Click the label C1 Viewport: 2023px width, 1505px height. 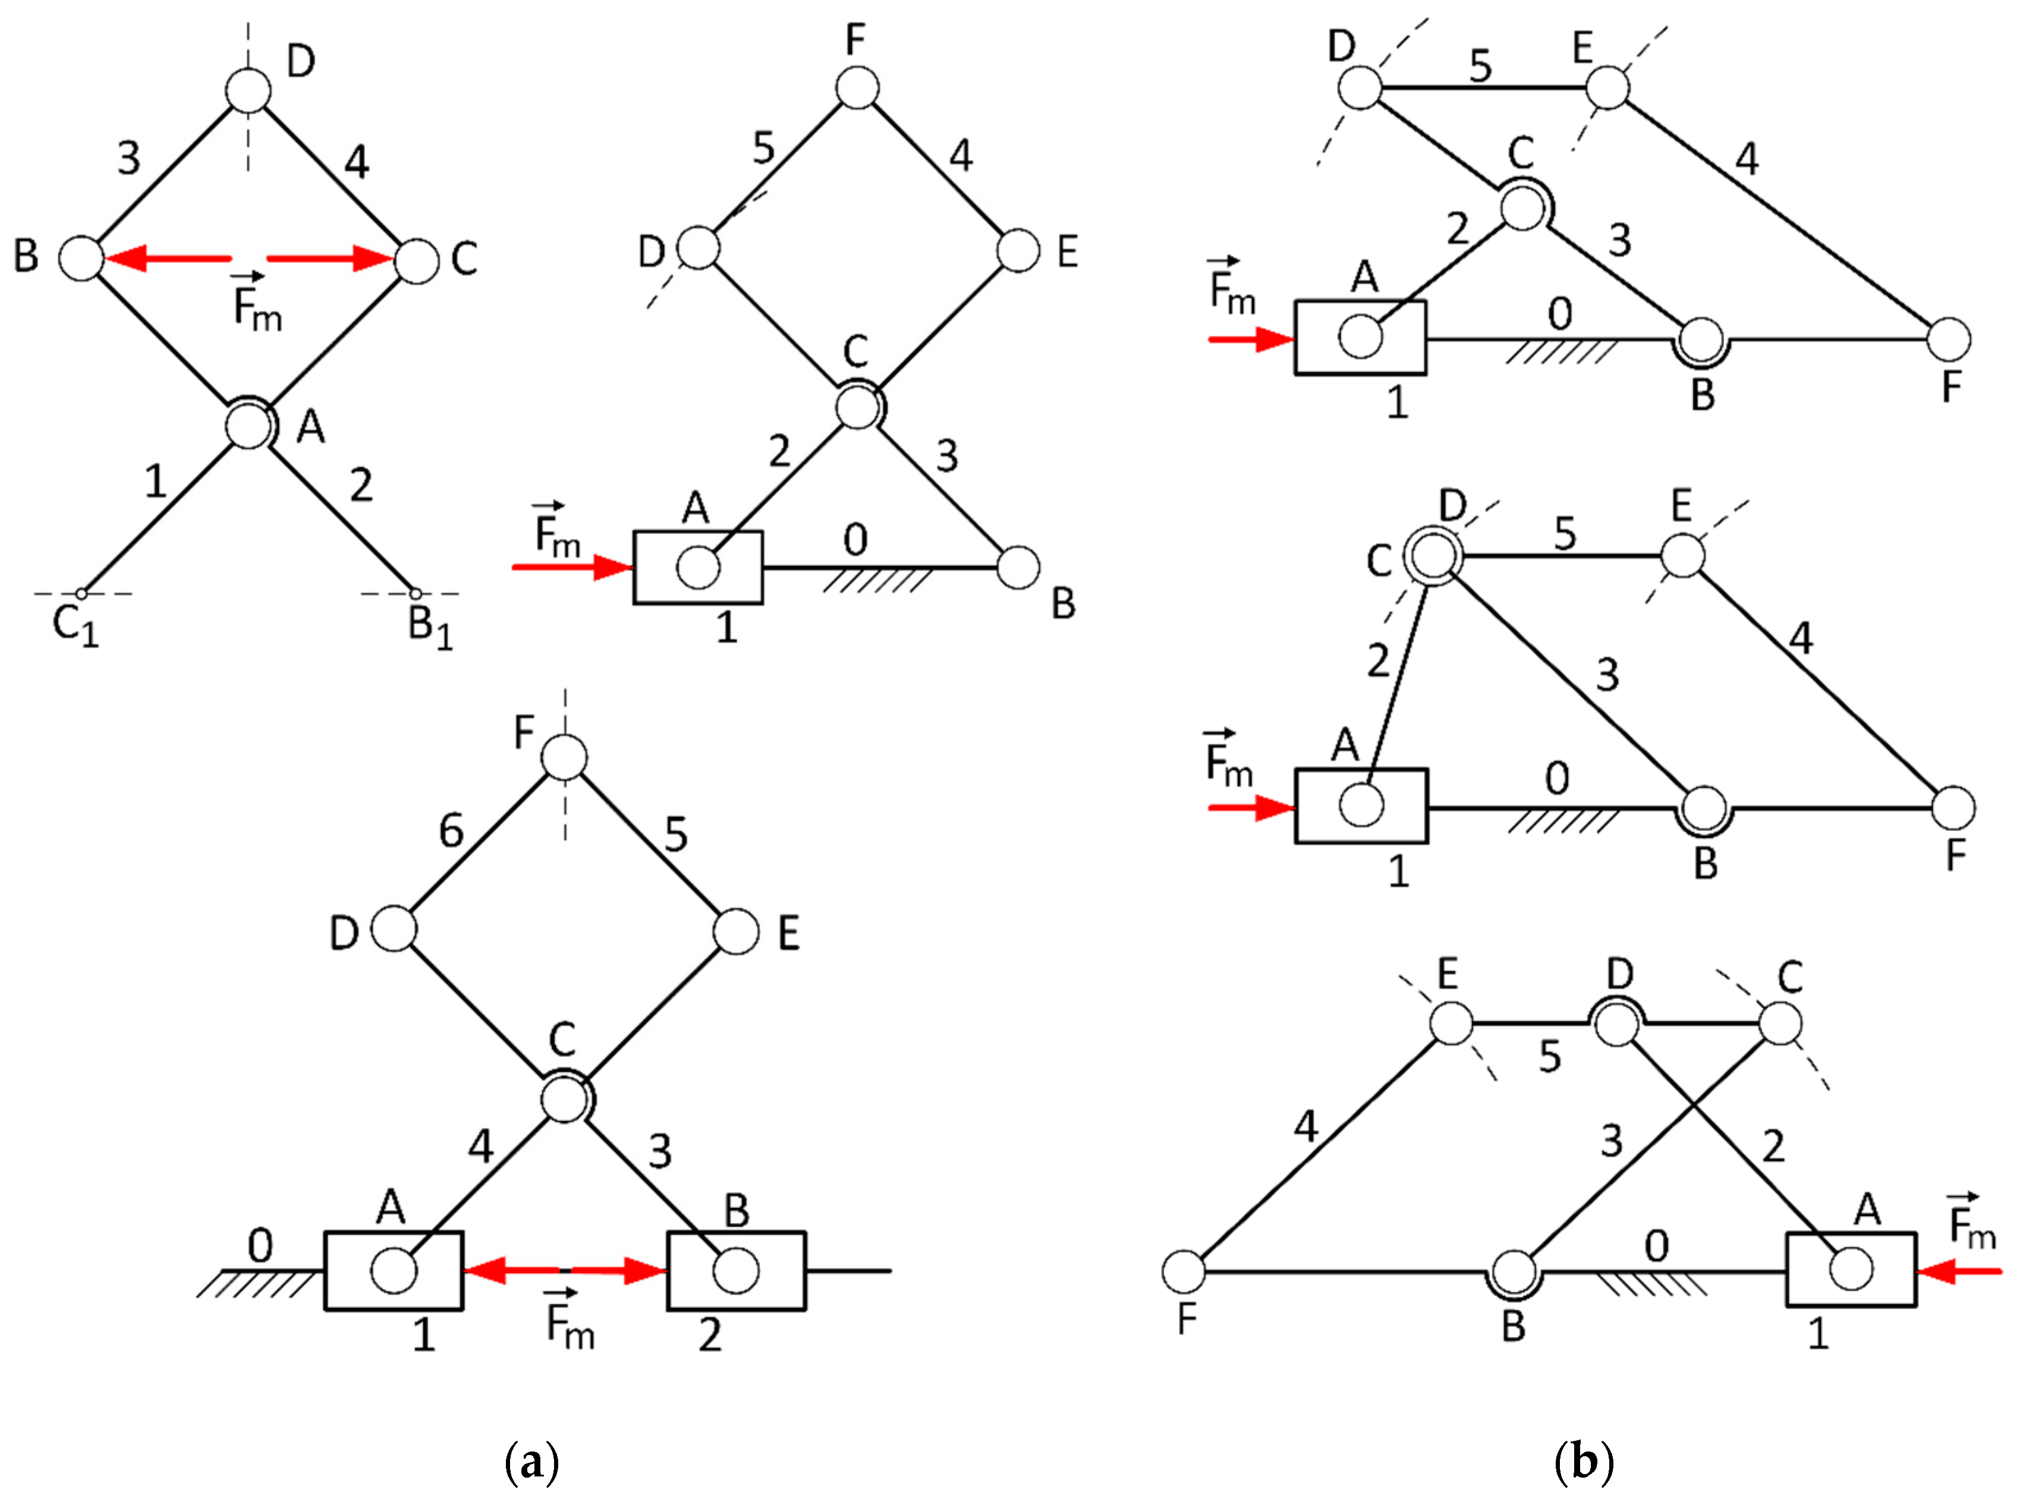pos(75,626)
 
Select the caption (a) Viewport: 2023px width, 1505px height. pos(531,1462)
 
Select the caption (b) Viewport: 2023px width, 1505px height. pos(1583,1462)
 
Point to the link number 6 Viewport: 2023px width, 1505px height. pos(451,831)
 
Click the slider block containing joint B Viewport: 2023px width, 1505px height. pos(737,1271)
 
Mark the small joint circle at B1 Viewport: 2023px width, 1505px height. pos(416,594)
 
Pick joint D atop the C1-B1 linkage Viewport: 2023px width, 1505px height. pos(248,91)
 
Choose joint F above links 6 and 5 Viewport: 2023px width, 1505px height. pos(564,758)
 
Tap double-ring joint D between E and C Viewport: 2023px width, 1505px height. pos(1616,1025)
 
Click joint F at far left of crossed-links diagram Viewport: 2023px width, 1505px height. pos(1184,1271)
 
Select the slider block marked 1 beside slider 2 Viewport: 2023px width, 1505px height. pos(394,1271)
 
